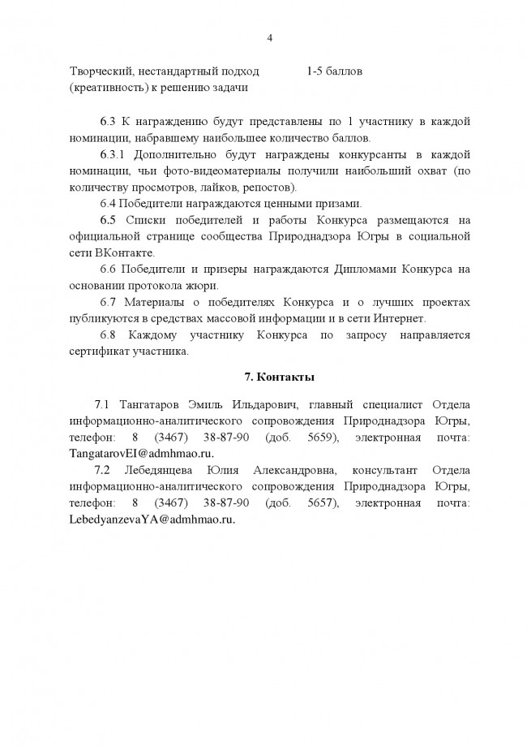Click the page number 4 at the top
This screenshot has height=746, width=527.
pyautogui.click(x=269, y=37)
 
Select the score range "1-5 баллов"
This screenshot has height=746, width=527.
pyautogui.click(x=334, y=71)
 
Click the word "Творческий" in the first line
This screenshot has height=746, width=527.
pyautogui.click(x=98, y=71)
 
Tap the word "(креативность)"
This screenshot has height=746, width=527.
pyautogui.click(x=105, y=87)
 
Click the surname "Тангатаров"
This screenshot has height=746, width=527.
pyautogui.click(x=153, y=404)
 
